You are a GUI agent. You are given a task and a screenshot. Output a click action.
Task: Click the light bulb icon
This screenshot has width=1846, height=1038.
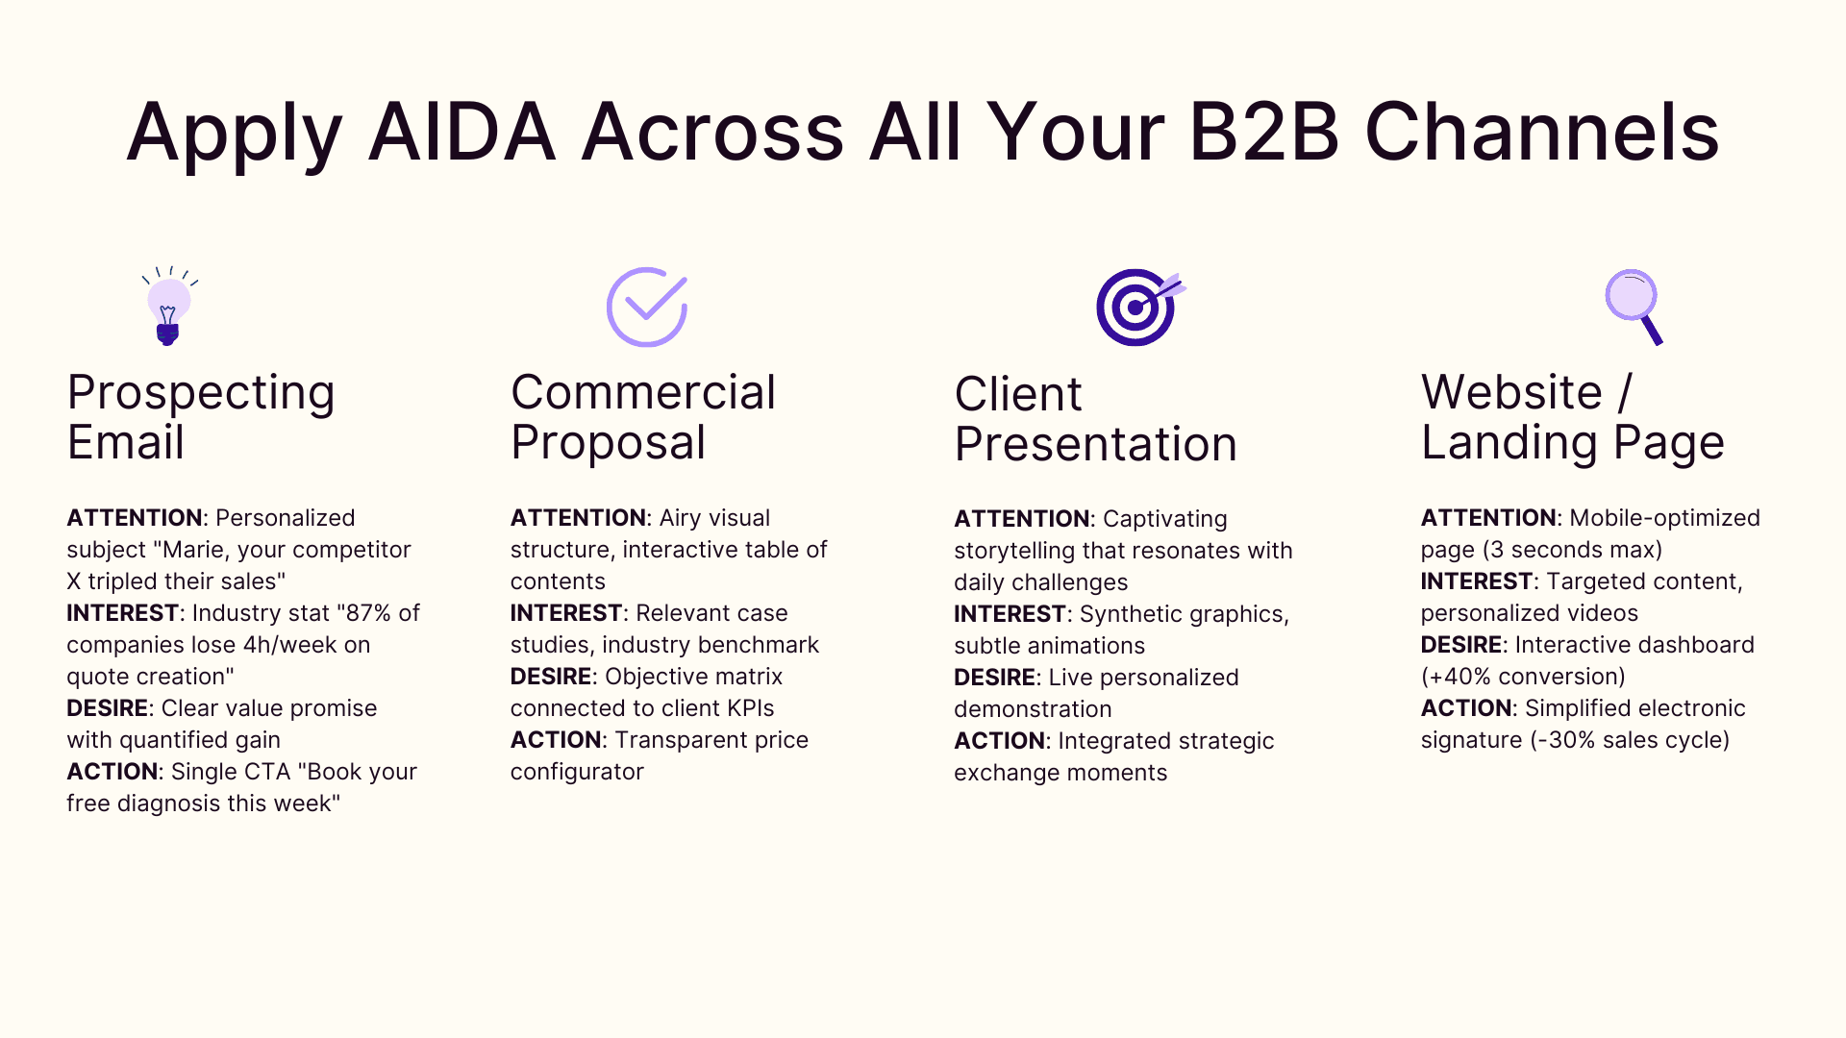pyautogui.click(x=168, y=307)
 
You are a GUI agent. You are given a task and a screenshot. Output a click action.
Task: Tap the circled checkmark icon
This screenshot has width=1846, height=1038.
pyautogui.click(x=647, y=307)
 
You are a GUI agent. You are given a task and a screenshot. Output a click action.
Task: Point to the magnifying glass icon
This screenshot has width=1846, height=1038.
pyautogui.click(x=1633, y=306)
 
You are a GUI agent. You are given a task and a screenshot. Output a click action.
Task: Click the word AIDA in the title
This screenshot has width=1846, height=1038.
pyautogui.click(x=461, y=132)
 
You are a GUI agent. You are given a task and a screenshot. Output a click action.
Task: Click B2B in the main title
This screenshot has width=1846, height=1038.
pyautogui.click(x=1263, y=132)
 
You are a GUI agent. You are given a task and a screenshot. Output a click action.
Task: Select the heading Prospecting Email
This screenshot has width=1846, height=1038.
pyautogui.click(x=200, y=417)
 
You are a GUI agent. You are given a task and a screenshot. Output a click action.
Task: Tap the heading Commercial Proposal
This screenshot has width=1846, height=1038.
pyautogui.click(x=642, y=417)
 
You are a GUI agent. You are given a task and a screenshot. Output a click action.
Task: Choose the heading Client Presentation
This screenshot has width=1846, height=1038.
pyautogui.click(x=1094, y=419)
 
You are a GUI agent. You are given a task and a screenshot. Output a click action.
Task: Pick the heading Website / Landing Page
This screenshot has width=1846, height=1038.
pyautogui.click(x=1572, y=417)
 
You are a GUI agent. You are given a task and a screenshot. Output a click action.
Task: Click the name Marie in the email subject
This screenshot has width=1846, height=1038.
pyautogui.click(x=193, y=550)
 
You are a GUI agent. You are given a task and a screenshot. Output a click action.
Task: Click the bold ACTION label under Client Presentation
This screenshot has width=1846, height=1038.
pyautogui.click(x=999, y=741)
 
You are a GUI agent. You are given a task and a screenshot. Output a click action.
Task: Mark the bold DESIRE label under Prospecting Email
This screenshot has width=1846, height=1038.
pyautogui.click(x=107, y=708)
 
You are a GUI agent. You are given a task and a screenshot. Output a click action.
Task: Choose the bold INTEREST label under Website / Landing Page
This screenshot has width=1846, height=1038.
pyautogui.click(x=1476, y=581)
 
